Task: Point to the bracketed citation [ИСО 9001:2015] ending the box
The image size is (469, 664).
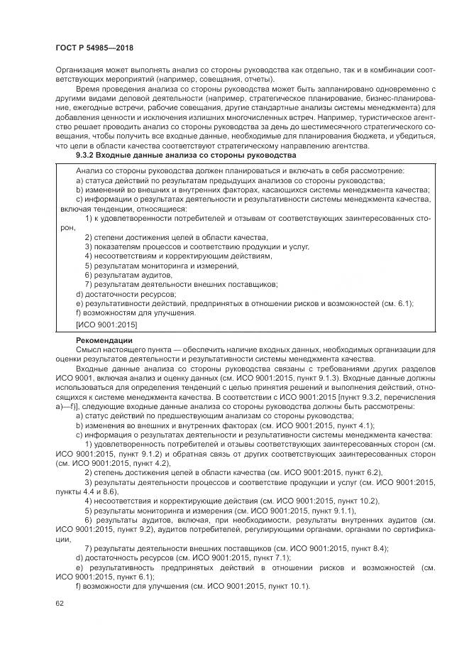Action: click(106, 325)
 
